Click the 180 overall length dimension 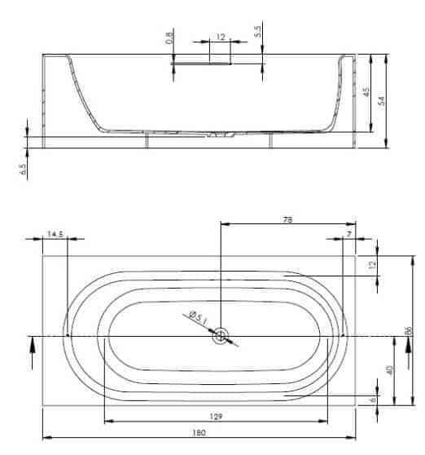coord(199,433)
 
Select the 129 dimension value coord(216,417)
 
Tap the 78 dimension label coord(287,219)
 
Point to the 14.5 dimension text coord(55,234)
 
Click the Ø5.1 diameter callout coord(199,317)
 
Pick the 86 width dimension coord(408,330)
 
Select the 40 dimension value coord(390,369)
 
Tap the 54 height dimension coord(382,100)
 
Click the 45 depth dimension coord(366,91)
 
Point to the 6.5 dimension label coord(23,169)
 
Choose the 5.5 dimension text coord(257,32)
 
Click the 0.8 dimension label coord(169,38)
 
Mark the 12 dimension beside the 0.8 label coord(221,38)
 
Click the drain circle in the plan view coord(221,336)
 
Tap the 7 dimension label coord(349,233)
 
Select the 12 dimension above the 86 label coord(373,264)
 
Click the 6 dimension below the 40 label coord(373,400)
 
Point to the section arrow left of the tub coord(32,352)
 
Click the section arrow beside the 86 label coord(409,352)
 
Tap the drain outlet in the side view coord(221,135)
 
